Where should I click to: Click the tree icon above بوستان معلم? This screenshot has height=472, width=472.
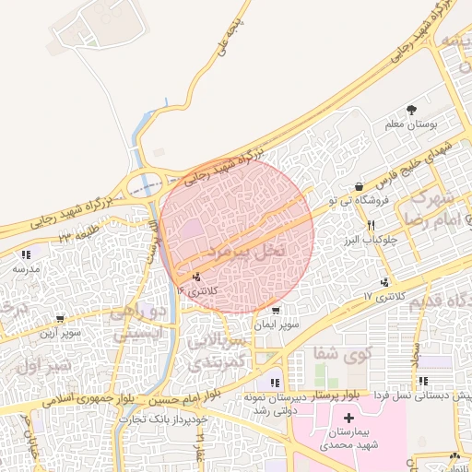click(411, 109)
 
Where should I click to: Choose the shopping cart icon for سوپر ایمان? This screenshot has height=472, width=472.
click(277, 311)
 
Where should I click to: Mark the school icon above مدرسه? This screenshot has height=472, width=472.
click(26, 254)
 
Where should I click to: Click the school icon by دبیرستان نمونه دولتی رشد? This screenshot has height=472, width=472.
click(275, 382)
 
